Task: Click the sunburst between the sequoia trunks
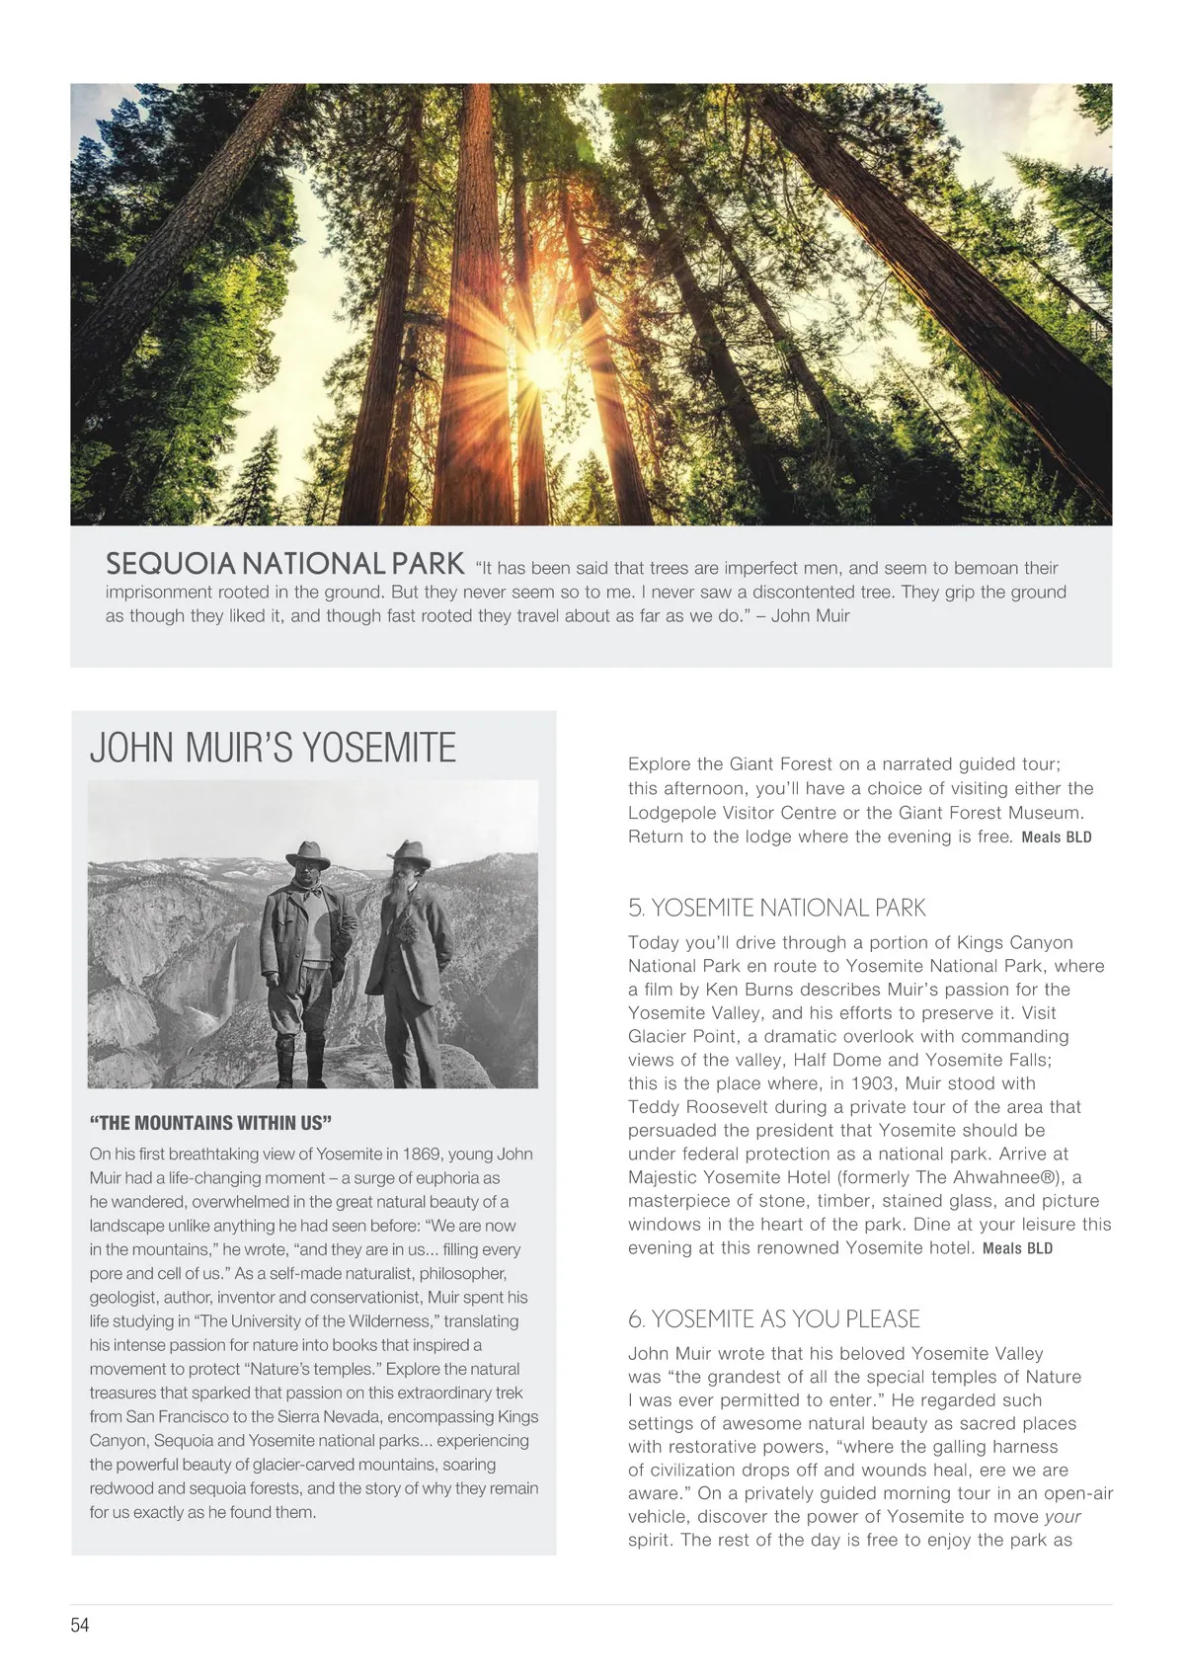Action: click(x=542, y=364)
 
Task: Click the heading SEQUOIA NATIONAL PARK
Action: click(x=284, y=564)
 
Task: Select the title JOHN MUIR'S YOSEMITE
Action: click(x=273, y=748)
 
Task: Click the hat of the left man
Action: click(x=307, y=853)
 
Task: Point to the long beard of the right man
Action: click(x=404, y=905)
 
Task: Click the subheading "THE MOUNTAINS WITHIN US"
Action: click(x=210, y=1123)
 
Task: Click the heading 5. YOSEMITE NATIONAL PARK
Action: click(x=776, y=908)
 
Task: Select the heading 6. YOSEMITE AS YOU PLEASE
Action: click(x=773, y=1318)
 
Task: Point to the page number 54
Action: click(x=80, y=1625)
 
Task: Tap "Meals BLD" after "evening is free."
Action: click(x=1056, y=837)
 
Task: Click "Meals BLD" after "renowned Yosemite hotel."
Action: click(x=1017, y=1248)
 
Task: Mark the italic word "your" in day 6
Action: click(x=1063, y=1517)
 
